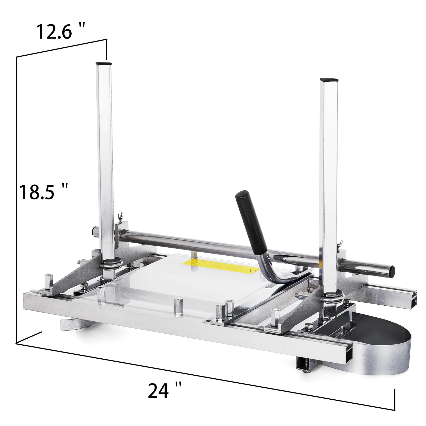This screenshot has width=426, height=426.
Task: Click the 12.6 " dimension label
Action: (x=61, y=31)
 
